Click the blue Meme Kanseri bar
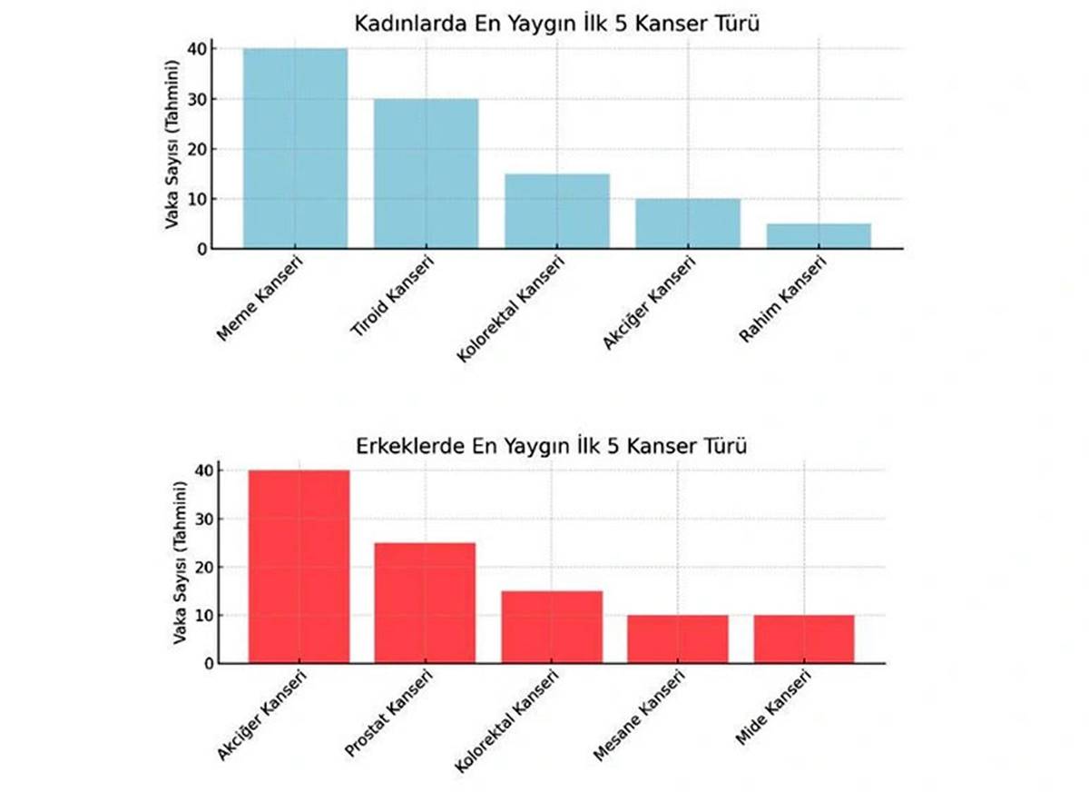click(295, 148)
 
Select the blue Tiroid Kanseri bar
click(426, 173)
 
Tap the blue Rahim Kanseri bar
click(819, 235)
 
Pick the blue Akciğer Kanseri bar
click(688, 223)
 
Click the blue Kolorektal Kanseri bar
click(557, 211)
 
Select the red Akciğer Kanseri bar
click(299, 567)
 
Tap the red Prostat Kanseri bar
click(425, 603)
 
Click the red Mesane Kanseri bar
click(677, 639)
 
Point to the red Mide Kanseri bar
click(803, 639)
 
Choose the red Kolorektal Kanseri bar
click(551, 627)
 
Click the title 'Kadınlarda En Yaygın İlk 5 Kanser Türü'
click(556, 24)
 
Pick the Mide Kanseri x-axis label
click(772, 708)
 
